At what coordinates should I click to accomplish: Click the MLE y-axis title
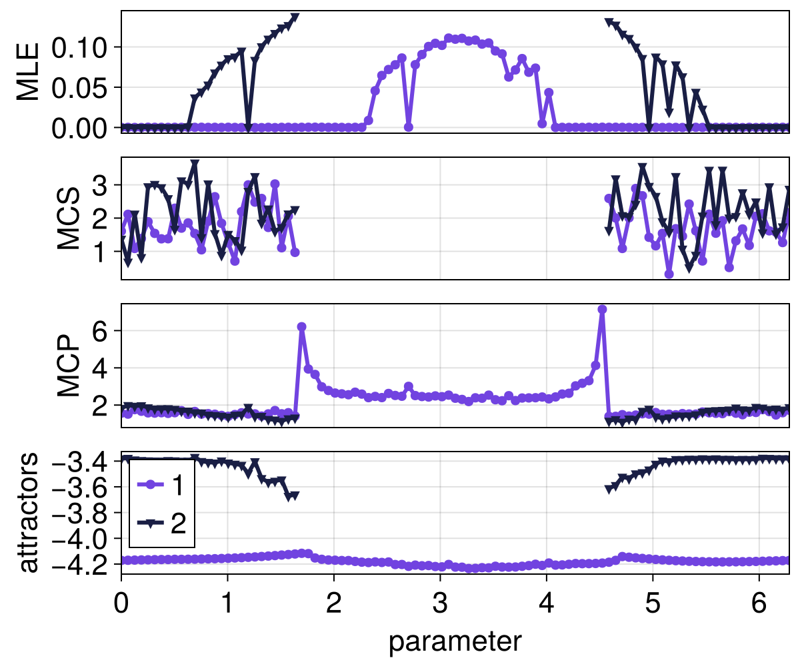coord(28,71)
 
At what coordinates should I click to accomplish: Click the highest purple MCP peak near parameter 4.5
coord(602,310)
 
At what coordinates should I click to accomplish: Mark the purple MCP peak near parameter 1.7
coord(301,326)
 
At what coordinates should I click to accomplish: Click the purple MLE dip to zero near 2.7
coord(409,127)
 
